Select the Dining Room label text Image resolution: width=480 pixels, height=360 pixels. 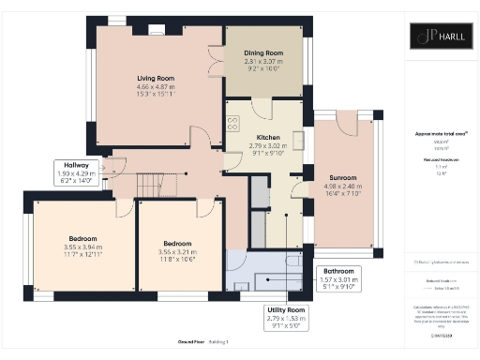[x=265, y=54]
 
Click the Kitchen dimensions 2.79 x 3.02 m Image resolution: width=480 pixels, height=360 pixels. [x=263, y=146]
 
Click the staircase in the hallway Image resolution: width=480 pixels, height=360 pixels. [x=150, y=183]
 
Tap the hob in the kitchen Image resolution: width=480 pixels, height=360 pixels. [x=232, y=124]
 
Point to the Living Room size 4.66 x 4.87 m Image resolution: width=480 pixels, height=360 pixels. [x=156, y=88]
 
